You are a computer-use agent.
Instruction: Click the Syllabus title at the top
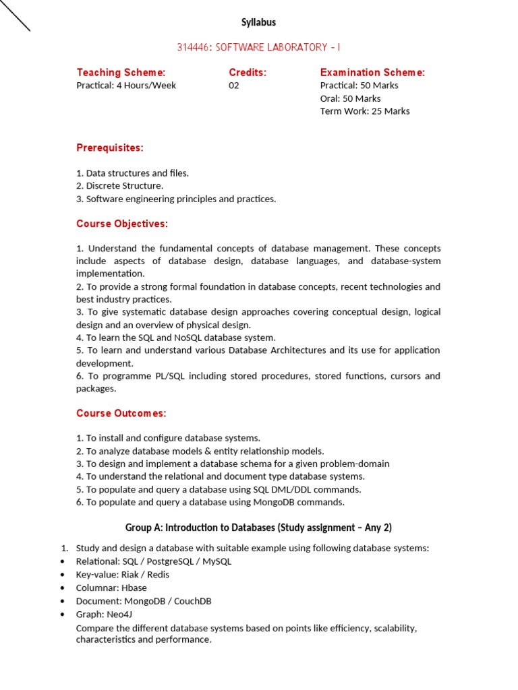259,23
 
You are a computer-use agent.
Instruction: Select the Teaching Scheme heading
121,72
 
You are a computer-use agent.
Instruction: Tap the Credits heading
248,72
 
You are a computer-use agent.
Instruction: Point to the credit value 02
234,86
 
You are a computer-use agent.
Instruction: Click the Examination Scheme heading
372,72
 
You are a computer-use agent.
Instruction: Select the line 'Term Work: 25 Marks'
365,111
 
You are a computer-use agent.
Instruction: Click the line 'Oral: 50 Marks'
350,98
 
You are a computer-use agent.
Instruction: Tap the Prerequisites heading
110,148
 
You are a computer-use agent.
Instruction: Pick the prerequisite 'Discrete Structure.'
120,186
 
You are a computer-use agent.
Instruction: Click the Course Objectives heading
122,224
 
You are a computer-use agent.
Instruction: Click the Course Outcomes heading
121,413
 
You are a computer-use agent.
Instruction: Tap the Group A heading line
258,527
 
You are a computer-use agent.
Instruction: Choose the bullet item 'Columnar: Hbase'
111,588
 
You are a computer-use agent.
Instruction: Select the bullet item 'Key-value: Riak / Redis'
123,575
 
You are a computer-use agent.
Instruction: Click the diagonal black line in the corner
15,15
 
